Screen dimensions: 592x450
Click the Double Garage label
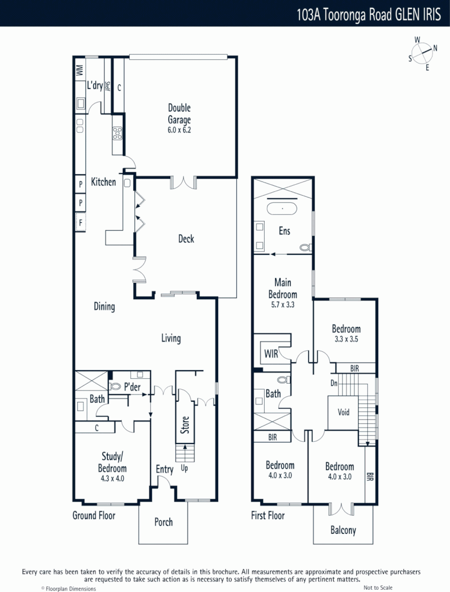(x=179, y=114)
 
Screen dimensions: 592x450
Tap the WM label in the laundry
(x=79, y=70)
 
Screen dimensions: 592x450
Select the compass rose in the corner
(x=423, y=53)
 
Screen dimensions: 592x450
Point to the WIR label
(x=271, y=354)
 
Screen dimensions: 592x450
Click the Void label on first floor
(x=343, y=412)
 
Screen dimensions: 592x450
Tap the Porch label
(x=163, y=522)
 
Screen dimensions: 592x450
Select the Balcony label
(x=343, y=530)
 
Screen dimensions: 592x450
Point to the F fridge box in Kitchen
(x=81, y=223)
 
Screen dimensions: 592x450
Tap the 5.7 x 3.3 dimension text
(x=283, y=305)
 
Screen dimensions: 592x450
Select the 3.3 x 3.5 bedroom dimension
(x=346, y=339)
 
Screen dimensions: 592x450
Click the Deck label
(x=186, y=238)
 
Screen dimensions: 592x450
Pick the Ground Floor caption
(x=94, y=515)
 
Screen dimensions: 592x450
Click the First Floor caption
(x=267, y=515)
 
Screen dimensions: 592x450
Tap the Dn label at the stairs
(x=333, y=383)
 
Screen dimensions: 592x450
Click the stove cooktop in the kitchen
(x=117, y=133)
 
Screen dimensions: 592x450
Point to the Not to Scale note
(x=378, y=588)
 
